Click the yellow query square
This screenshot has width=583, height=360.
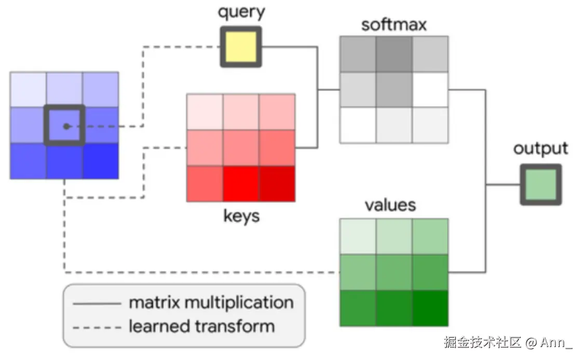(x=240, y=47)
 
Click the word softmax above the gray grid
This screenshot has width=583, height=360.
(x=394, y=24)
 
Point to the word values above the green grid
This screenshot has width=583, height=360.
(x=390, y=204)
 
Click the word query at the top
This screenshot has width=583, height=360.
(x=241, y=12)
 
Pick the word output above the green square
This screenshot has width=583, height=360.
(x=540, y=148)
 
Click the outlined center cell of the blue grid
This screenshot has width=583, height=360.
(x=64, y=126)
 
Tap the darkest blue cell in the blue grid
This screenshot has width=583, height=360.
(x=100, y=161)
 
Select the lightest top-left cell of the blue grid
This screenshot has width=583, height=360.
(x=28, y=90)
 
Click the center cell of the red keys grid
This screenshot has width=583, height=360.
(x=241, y=148)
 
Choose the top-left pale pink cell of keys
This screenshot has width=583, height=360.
(x=205, y=112)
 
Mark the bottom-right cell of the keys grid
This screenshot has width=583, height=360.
(x=277, y=184)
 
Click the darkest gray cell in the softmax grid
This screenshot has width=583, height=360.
(x=394, y=54)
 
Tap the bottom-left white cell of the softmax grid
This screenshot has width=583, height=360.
(x=358, y=125)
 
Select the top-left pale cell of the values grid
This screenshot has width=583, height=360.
(x=358, y=237)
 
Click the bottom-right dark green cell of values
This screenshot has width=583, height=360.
(x=430, y=308)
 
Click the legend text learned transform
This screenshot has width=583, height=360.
(x=201, y=326)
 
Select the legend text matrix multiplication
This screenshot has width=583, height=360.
(x=211, y=302)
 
